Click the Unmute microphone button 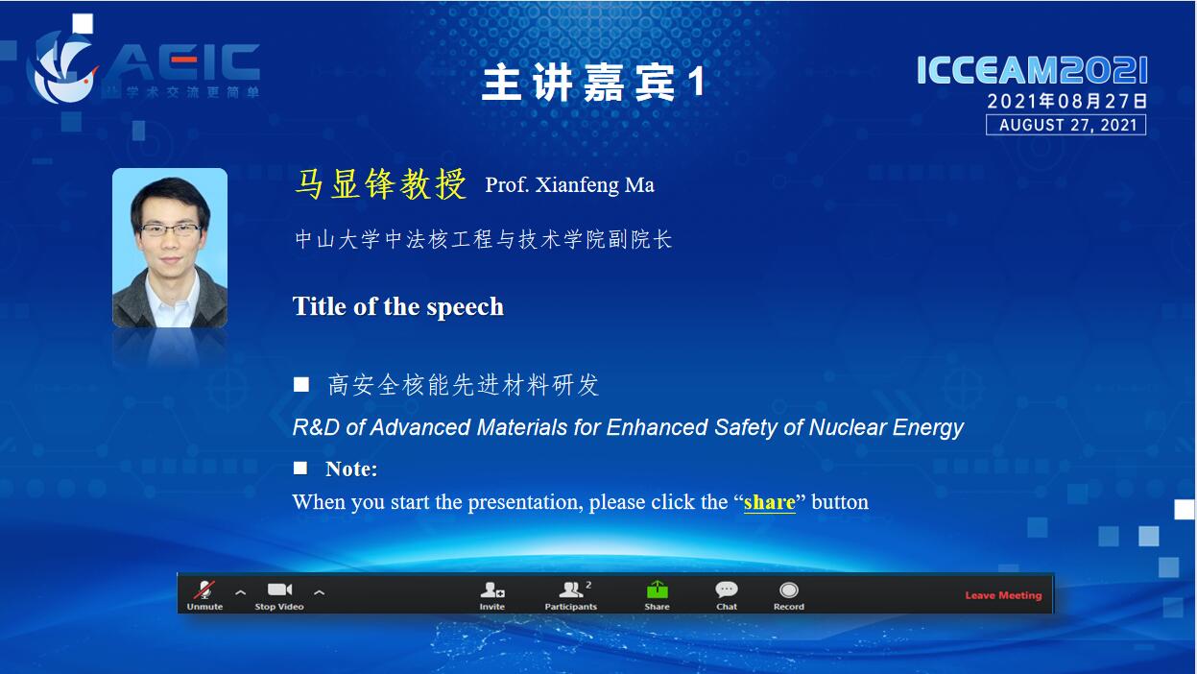[x=204, y=594]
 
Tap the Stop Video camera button [x=279, y=595]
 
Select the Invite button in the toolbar [x=492, y=595]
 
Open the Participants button [x=571, y=595]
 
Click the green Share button [x=657, y=595]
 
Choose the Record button [x=789, y=595]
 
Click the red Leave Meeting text [x=1003, y=595]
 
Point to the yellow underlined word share [x=770, y=502]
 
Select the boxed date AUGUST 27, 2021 [x=1066, y=125]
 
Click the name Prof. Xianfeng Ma [x=569, y=185]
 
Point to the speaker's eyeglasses [x=170, y=230]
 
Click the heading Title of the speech [x=398, y=307]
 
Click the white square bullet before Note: [x=300, y=469]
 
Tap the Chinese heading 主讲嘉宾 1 [x=594, y=82]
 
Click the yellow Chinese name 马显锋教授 [x=380, y=184]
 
